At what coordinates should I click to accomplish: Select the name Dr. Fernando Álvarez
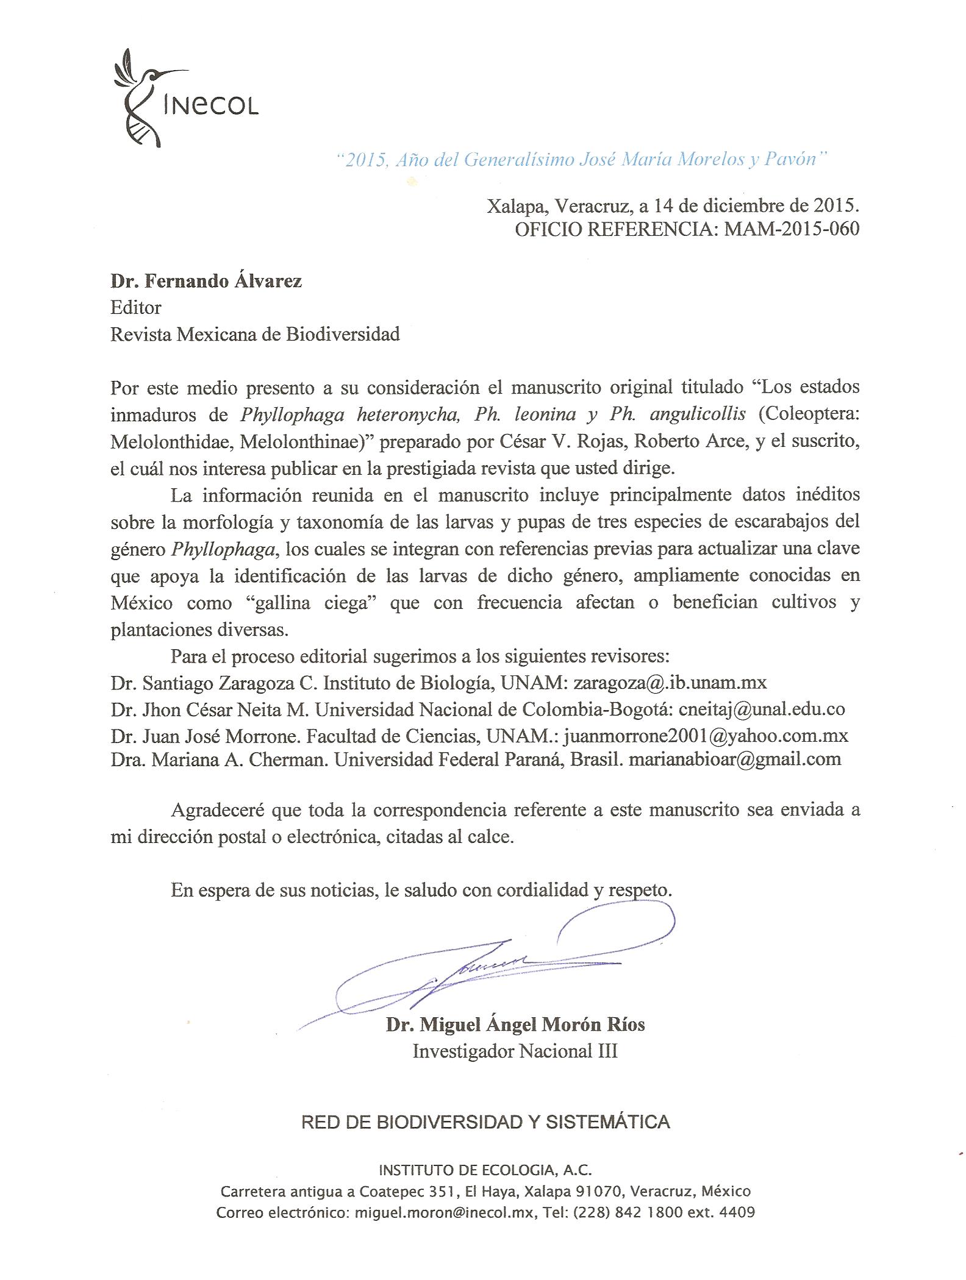point(206,281)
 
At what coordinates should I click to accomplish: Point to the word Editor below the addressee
point(135,308)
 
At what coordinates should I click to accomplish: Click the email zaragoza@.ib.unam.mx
point(670,682)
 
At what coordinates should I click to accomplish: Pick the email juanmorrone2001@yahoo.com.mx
point(706,736)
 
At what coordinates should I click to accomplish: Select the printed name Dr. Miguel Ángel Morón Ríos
point(515,1025)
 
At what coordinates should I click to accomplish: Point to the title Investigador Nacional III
point(515,1051)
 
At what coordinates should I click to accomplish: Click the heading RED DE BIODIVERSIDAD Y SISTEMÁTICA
point(485,1122)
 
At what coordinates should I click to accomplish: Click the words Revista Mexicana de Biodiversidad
point(255,334)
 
